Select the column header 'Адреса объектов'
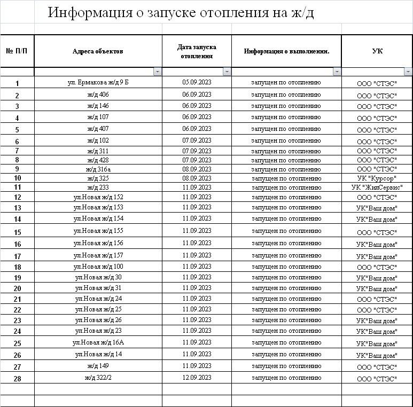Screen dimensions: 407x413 point(98,51)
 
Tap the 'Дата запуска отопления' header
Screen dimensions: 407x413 point(197,51)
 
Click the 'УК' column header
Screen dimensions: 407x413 point(377,51)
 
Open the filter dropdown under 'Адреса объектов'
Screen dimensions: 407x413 point(157,72)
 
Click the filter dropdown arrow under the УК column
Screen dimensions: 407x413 point(408,72)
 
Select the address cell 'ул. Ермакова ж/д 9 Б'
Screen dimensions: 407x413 point(98,82)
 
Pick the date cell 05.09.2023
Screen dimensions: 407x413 point(197,82)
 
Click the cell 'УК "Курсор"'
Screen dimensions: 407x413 point(377,178)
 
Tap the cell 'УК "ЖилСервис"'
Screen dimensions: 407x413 point(377,187)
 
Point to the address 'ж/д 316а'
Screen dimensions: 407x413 point(98,169)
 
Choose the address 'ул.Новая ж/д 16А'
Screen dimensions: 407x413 point(98,342)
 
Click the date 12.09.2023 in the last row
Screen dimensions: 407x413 point(197,378)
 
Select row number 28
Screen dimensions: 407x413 point(17,379)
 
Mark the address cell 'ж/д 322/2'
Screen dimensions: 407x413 point(98,378)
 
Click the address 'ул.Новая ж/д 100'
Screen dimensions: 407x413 point(98,267)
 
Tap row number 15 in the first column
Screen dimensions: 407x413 point(17,232)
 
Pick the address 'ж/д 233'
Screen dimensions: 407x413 point(98,187)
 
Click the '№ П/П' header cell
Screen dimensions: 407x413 point(17,51)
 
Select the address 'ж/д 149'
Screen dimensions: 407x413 point(98,366)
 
